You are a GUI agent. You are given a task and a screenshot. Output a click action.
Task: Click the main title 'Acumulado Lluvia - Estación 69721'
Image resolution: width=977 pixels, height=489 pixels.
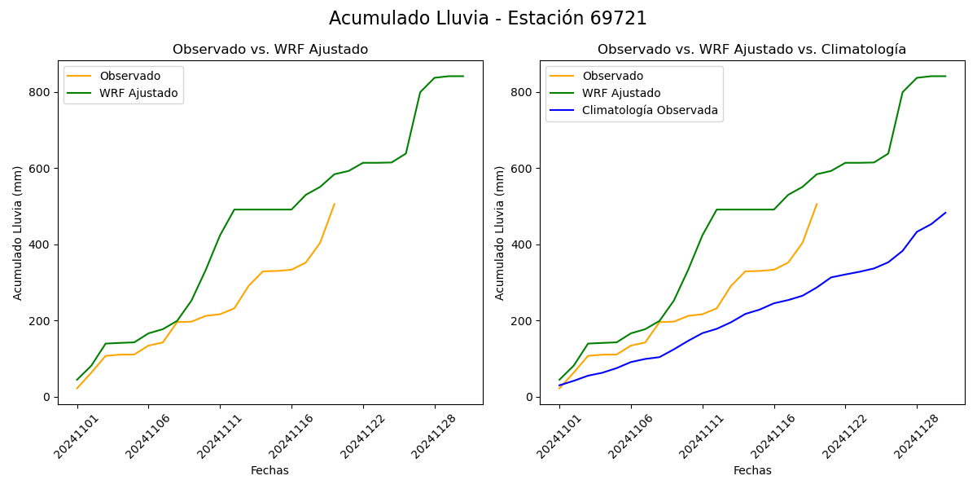[x=488, y=19]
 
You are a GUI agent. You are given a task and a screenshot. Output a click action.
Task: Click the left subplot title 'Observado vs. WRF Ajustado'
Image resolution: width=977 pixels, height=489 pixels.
[x=270, y=50]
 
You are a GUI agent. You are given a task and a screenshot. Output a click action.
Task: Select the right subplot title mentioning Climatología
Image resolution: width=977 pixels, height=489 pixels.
[x=751, y=50]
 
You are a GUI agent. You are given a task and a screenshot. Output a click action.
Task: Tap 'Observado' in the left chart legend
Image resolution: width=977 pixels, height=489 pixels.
[x=130, y=76]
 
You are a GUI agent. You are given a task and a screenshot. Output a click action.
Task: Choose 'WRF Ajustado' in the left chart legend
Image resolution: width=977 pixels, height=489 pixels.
[x=138, y=93]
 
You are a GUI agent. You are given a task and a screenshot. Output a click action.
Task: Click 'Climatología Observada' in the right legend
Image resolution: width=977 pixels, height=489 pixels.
[x=650, y=111]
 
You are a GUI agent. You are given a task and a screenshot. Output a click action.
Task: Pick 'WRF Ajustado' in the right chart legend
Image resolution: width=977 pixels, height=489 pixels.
[x=621, y=93]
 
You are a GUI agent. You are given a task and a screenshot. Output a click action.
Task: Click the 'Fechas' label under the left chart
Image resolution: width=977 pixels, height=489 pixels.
[x=269, y=470]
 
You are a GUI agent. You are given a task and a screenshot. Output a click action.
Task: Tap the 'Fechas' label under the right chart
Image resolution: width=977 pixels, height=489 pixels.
[x=752, y=470]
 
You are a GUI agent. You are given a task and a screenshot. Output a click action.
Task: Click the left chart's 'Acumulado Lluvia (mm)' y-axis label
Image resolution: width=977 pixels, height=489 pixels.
[x=18, y=232]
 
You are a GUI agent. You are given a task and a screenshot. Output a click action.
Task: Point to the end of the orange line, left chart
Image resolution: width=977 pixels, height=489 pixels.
[x=335, y=204]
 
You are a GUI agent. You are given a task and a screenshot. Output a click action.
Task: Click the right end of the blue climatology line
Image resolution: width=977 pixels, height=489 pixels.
[x=945, y=213]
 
